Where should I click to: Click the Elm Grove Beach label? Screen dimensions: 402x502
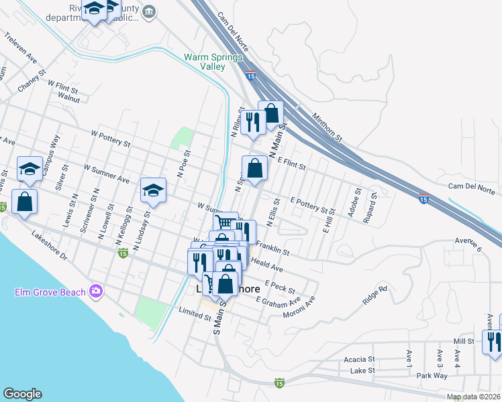click(x=50, y=292)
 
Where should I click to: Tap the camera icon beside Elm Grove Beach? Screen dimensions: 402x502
click(x=96, y=291)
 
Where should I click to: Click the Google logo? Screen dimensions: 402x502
click(x=22, y=394)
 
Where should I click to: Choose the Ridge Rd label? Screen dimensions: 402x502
click(x=375, y=295)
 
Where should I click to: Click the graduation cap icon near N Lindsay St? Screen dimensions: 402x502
click(x=153, y=191)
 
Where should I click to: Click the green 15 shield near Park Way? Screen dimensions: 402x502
click(x=279, y=383)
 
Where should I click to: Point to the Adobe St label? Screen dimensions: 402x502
click(x=355, y=199)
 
